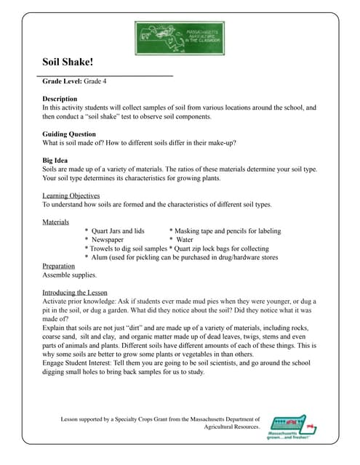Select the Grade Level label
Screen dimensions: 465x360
coord(63,83)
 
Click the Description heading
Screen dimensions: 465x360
coord(60,98)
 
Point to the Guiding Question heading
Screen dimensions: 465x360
coord(70,134)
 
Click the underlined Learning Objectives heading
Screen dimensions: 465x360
coord(71,195)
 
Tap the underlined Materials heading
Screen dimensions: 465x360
coord(56,221)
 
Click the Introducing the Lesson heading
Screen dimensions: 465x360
coord(76,292)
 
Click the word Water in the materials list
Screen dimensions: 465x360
coord(185,239)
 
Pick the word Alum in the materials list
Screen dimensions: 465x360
coord(101,256)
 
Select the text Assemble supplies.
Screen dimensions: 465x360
coord(69,275)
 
